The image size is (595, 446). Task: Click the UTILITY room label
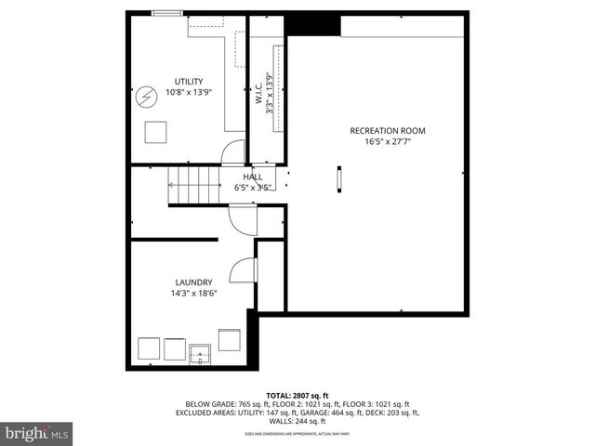(189, 81)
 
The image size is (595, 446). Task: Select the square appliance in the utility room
(155, 131)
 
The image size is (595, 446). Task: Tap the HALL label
(253, 177)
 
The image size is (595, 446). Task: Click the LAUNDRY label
(193, 282)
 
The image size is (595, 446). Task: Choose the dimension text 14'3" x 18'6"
(193, 294)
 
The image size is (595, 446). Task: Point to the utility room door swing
(234, 153)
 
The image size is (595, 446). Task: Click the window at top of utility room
(168, 13)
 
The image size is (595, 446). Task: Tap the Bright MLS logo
(37, 433)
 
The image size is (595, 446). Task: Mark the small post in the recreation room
(339, 178)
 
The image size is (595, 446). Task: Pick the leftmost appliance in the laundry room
(148, 350)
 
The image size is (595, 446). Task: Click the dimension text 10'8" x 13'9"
(189, 92)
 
